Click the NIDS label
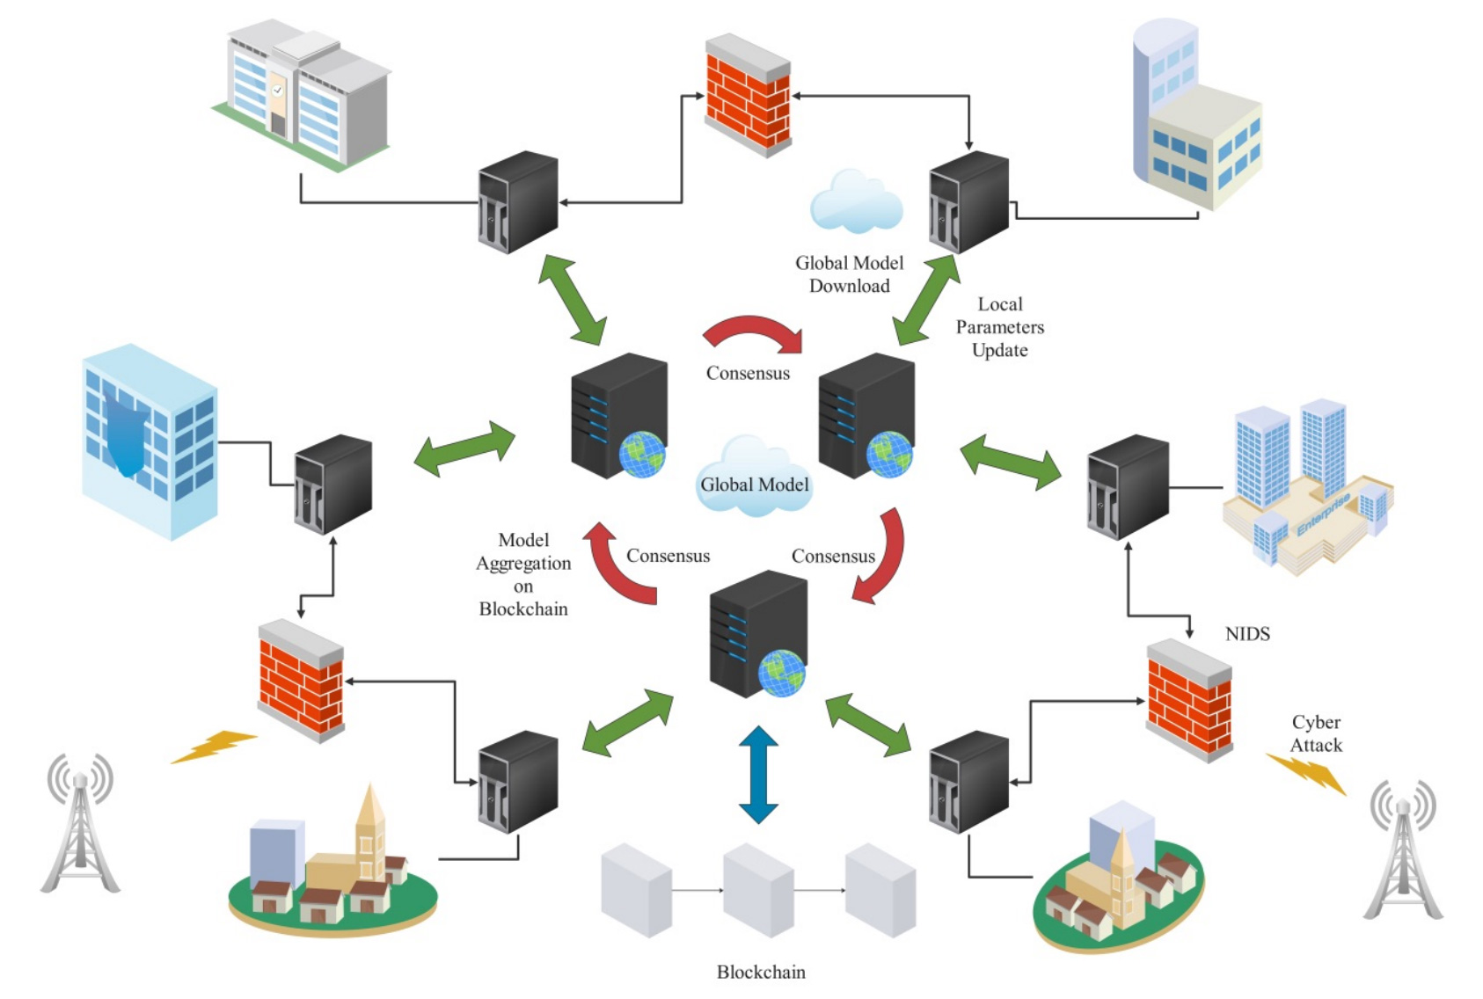1246,634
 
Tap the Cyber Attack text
1315,733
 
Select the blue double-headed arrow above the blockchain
758,774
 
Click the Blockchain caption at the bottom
760,972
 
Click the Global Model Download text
849,274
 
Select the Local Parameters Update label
999,327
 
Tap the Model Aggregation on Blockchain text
523,574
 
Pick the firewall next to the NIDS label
1189,699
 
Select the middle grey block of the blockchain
758,890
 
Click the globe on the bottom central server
782,673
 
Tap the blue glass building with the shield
148,440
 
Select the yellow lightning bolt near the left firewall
213,746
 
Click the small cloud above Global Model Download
855,202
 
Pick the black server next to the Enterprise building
1128,486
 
